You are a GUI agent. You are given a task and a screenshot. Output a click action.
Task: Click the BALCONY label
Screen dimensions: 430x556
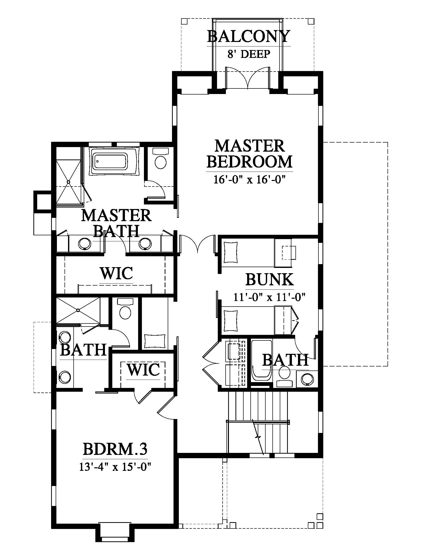point(249,36)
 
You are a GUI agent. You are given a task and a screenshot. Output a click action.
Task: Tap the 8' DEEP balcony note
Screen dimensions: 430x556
point(249,54)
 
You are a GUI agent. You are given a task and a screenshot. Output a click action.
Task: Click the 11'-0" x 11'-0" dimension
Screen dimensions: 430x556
point(269,297)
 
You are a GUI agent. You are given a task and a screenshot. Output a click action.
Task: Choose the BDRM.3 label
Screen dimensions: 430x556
point(115,449)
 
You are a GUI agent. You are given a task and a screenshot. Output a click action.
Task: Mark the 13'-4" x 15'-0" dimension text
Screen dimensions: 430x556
point(115,467)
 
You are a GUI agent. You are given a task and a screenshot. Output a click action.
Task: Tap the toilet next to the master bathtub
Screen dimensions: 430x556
point(160,158)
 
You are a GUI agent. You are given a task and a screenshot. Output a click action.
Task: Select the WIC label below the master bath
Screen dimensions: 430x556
point(117,273)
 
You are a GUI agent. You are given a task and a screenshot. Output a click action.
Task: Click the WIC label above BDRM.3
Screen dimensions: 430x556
point(144,370)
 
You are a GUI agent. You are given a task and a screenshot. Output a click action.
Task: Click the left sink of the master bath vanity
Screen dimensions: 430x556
point(84,244)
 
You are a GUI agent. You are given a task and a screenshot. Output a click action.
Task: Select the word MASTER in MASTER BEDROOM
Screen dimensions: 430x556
point(250,146)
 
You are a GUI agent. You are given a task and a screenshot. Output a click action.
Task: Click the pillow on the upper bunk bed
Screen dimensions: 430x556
point(230,252)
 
